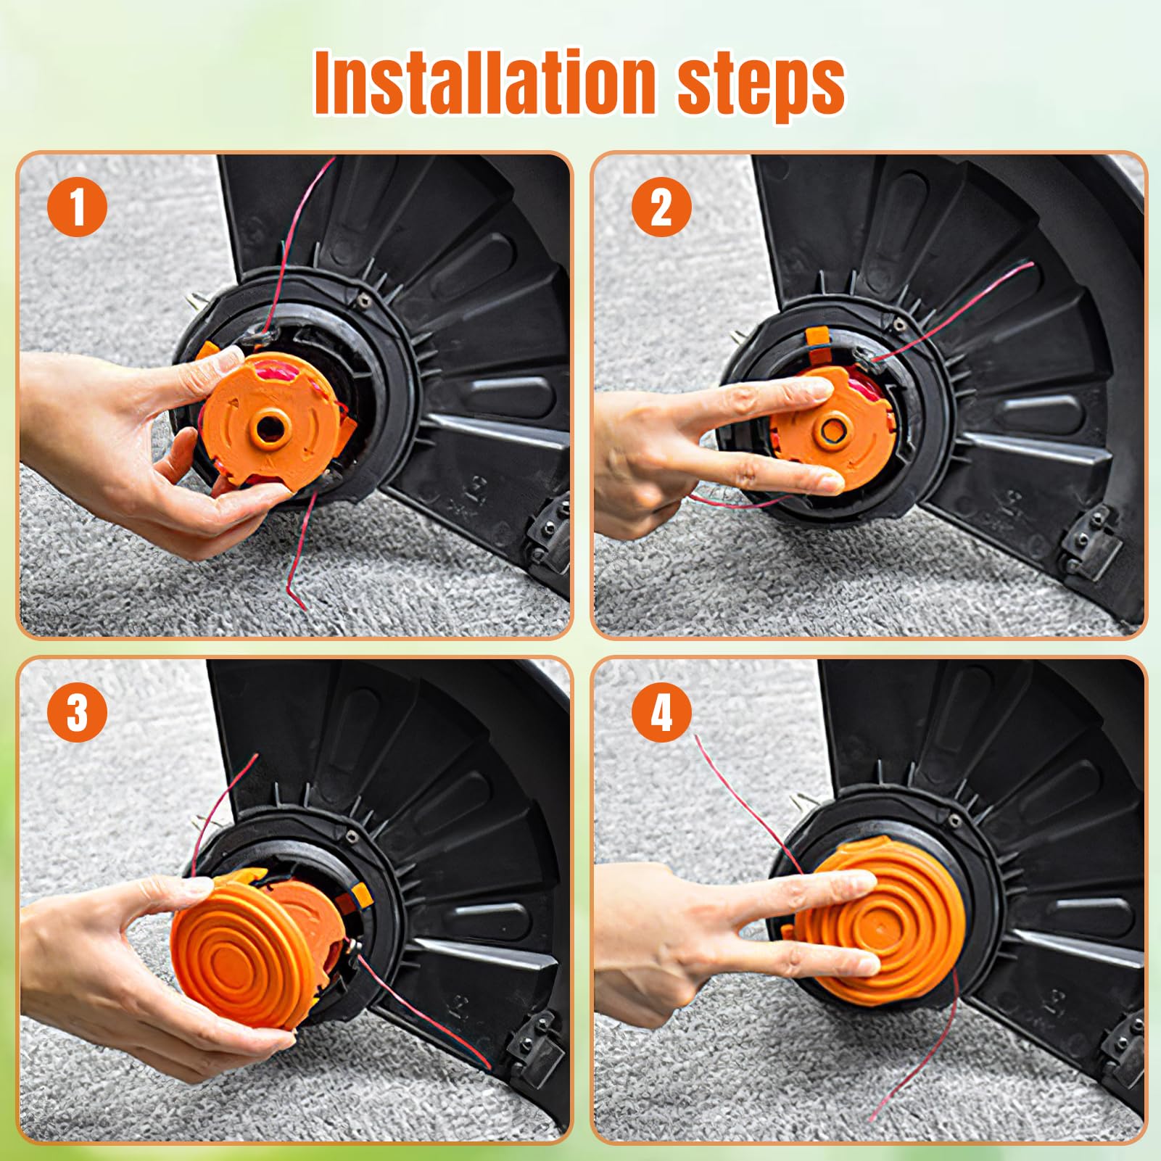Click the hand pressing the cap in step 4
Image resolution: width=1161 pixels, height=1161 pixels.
point(718,935)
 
